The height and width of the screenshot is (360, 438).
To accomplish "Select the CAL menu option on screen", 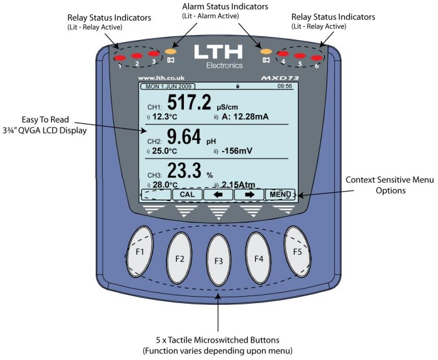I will coord(186,194).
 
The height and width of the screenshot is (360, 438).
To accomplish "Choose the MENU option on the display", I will coord(279,194).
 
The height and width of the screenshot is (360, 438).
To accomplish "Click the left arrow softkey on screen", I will coord(218,194).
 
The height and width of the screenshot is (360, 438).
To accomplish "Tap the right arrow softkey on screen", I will coord(248,194).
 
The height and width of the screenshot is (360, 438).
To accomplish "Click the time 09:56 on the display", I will coord(284,86).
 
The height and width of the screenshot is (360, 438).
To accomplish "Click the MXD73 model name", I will coord(278,78).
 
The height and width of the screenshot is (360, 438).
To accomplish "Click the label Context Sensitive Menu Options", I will coord(390,185).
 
